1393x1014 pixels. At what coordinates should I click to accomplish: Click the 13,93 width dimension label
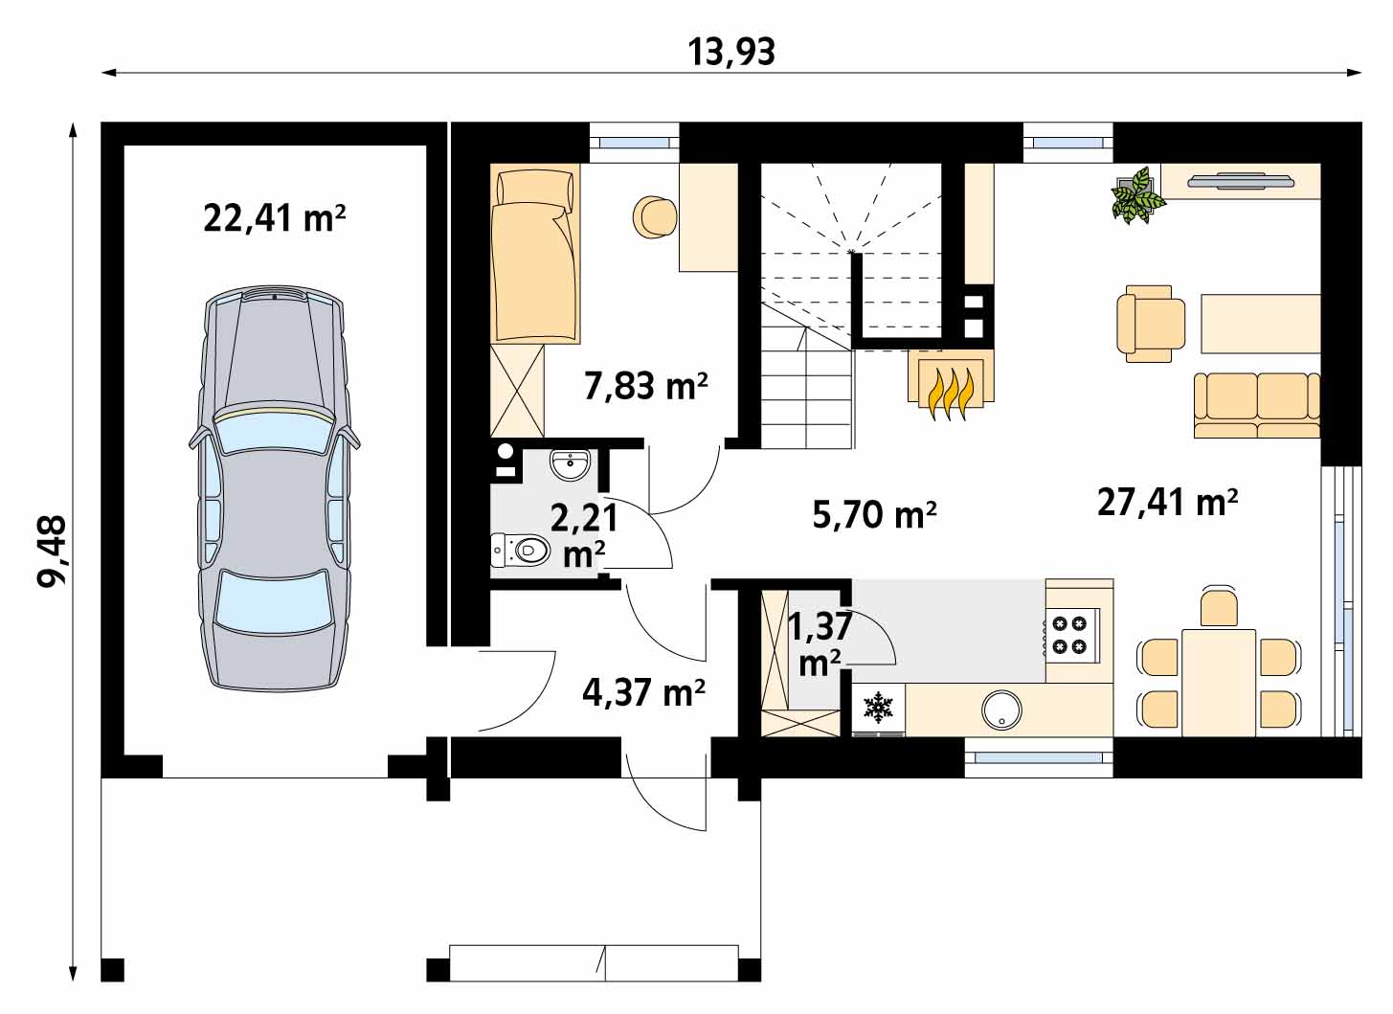[x=731, y=53]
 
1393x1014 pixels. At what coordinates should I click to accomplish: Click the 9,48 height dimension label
[x=53, y=552]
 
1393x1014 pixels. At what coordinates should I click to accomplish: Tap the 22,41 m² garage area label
[x=274, y=219]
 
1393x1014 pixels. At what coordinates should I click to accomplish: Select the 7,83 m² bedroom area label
[x=646, y=386]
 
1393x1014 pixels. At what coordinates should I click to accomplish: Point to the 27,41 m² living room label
[x=1167, y=503]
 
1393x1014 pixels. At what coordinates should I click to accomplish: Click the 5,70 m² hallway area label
[x=874, y=515]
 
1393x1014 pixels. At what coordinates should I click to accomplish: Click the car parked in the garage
[x=274, y=489]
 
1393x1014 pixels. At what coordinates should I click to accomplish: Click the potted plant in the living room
[x=1137, y=195]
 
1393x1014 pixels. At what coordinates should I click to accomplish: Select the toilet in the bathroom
[x=521, y=550]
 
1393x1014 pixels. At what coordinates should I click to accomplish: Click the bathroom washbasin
[x=570, y=464]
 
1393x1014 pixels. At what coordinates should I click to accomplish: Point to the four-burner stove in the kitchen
[x=1069, y=635]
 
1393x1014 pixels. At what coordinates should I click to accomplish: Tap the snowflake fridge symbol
[x=878, y=708]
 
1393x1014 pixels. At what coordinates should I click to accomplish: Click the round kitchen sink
[x=1001, y=710]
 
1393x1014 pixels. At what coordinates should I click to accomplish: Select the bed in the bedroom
[x=535, y=254]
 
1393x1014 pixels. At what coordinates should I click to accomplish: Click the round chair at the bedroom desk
[x=654, y=217]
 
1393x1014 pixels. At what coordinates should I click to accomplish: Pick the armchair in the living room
[x=1151, y=324]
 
